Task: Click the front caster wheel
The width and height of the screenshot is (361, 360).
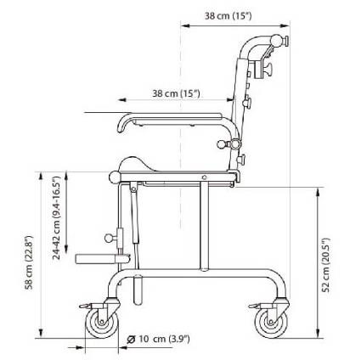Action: point(102,323)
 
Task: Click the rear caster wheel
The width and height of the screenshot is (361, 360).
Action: point(271,323)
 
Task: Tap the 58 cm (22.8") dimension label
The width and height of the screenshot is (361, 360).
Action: point(29,262)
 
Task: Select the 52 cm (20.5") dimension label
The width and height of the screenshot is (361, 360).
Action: point(326,265)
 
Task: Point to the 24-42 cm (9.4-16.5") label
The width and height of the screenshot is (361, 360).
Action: point(57,217)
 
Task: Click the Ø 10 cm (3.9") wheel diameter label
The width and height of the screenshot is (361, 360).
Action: point(158,339)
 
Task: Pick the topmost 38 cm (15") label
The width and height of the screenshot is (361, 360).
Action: point(228,16)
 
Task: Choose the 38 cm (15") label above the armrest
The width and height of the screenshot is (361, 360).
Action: point(176,93)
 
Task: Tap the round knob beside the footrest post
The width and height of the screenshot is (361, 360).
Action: point(109,238)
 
